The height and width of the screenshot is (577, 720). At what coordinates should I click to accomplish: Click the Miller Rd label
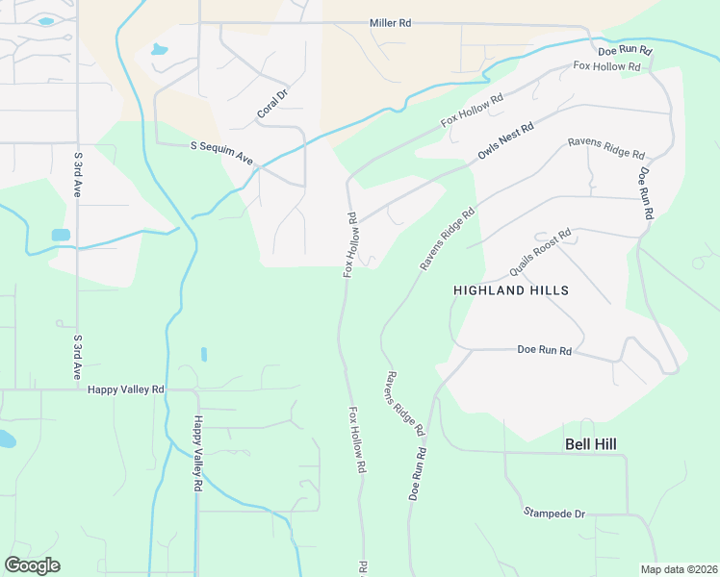tap(390, 22)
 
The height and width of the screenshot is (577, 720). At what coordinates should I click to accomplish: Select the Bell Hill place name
tap(589, 443)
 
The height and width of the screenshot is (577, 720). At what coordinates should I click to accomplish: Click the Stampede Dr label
tap(553, 514)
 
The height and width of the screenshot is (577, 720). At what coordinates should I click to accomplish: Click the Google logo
tap(32, 565)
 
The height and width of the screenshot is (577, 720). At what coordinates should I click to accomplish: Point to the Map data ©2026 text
tap(679, 569)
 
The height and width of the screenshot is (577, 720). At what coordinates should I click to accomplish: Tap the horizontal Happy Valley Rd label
tap(126, 389)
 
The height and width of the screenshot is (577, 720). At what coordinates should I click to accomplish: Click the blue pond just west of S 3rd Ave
tap(61, 235)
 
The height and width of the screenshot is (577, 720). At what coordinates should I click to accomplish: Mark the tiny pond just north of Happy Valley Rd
tap(204, 354)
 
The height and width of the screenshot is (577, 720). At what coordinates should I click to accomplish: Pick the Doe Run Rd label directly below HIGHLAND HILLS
tap(545, 350)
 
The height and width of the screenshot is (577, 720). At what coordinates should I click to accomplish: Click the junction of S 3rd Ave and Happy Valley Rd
tap(77, 389)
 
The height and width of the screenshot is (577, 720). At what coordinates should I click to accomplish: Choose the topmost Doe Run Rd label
tap(625, 50)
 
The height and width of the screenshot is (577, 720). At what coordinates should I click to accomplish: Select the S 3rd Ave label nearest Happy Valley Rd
tap(77, 356)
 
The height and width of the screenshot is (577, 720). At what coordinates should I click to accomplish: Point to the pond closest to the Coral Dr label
tap(159, 49)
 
